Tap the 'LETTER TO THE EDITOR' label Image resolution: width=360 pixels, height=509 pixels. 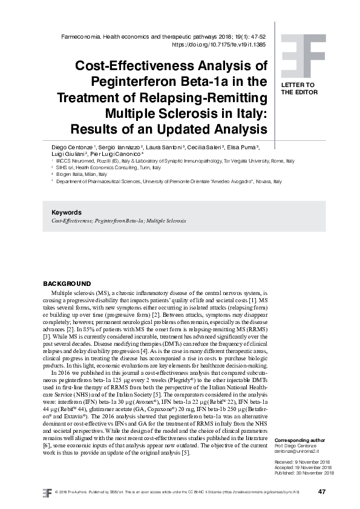(x=298, y=89)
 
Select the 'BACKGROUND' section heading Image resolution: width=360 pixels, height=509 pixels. (x=67, y=284)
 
